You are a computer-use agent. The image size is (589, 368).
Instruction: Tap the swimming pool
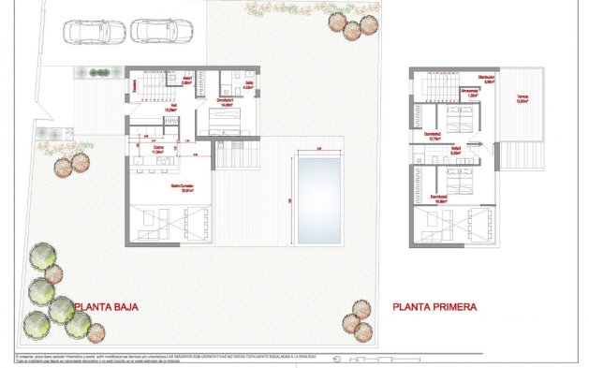tap(319, 199)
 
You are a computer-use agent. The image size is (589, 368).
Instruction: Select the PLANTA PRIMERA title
tap(435, 306)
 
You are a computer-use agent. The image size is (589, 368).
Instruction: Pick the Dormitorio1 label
tap(225, 101)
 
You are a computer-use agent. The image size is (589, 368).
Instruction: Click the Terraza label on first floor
tap(523, 100)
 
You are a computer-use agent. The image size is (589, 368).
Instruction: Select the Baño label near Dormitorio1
tap(249, 85)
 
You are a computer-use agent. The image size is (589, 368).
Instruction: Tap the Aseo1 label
tap(187, 81)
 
